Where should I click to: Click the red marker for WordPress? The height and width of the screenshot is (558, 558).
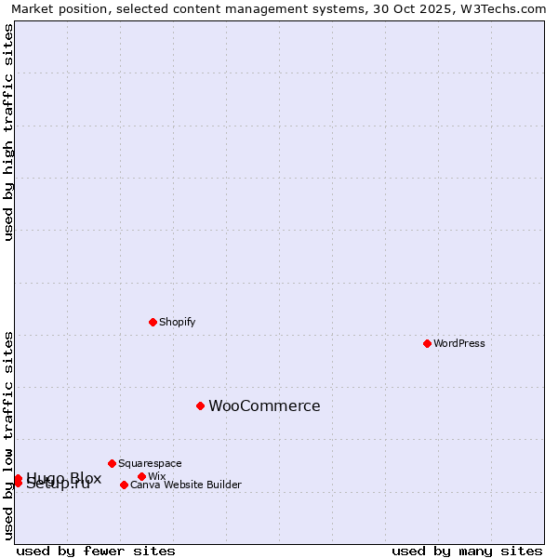pyautogui.click(x=427, y=343)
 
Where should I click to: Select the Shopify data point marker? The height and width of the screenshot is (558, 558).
pyautogui.click(x=153, y=322)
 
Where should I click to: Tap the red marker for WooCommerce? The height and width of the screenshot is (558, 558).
pyautogui.click(x=200, y=405)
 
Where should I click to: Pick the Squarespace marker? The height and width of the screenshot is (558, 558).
pyautogui.click(x=112, y=463)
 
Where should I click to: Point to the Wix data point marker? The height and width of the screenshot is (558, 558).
pyautogui.click(x=141, y=476)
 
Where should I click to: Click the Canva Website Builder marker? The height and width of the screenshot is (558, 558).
pyautogui.click(x=124, y=485)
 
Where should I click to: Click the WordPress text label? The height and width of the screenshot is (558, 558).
pyautogui.click(x=459, y=343)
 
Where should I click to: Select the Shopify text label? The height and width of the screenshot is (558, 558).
pyautogui.click(x=177, y=322)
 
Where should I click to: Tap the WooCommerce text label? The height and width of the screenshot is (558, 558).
pyautogui.click(x=264, y=405)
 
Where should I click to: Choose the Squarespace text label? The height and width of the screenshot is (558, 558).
pyautogui.click(x=150, y=463)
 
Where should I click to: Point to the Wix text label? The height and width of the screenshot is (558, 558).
pyautogui.click(x=156, y=476)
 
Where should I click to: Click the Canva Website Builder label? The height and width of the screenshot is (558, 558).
pyautogui.click(x=185, y=485)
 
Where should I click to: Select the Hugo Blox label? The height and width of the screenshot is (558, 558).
pyautogui.click(x=63, y=478)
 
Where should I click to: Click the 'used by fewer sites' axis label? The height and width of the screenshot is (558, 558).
pyautogui.click(x=96, y=551)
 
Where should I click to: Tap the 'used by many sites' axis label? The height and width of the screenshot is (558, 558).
pyautogui.click(x=467, y=551)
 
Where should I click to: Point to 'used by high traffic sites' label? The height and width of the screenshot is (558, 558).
pyautogui.click(x=8, y=132)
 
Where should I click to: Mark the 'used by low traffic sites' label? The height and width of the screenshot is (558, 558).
pyautogui.click(x=8, y=435)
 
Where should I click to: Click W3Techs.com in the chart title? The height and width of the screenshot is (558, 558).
pyautogui.click(x=507, y=8)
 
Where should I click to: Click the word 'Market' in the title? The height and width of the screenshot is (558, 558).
pyautogui.click(x=33, y=8)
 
